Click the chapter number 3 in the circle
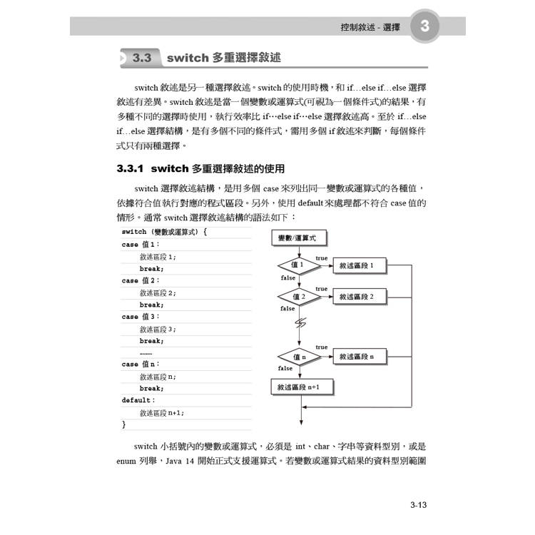pyautogui.click(x=424, y=29)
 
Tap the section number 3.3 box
pyautogui.click(x=142, y=58)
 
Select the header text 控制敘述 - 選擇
pyautogui.click(x=370, y=29)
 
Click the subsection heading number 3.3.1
pyautogui.click(x=131, y=169)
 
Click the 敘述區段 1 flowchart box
pyautogui.click(x=361, y=265)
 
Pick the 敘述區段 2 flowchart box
pyautogui.click(x=361, y=296)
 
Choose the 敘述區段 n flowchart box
pyautogui.click(x=361, y=356)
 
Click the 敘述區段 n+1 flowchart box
pyautogui.click(x=302, y=387)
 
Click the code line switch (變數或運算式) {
pyautogui.click(x=164, y=233)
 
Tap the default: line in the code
pyautogui.click(x=138, y=400)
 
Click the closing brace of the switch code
pyautogui.click(x=123, y=424)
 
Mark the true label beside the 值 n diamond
pyautogui.click(x=322, y=347)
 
